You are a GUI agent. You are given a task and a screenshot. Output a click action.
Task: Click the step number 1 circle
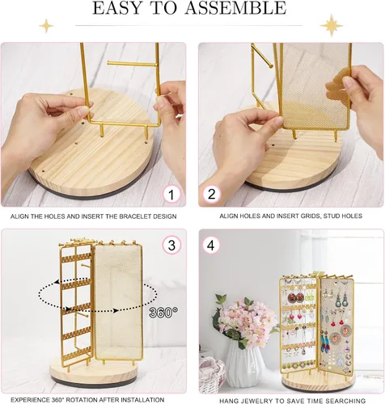(x=171, y=195)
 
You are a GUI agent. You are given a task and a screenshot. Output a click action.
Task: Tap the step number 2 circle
(x=212, y=195)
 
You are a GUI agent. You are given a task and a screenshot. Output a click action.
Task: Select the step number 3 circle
(x=171, y=246)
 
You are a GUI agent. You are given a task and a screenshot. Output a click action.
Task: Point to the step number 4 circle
(x=211, y=246)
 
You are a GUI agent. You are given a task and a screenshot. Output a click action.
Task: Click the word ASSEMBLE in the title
(x=235, y=8)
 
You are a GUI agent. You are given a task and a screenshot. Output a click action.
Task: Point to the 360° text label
(x=163, y=313)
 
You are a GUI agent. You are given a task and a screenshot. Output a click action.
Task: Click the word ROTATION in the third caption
(x=81, y=400)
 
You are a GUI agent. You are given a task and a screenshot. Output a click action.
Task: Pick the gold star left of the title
(x=46, y=26)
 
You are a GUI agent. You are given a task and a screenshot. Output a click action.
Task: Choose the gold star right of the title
(x=332, y=26)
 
